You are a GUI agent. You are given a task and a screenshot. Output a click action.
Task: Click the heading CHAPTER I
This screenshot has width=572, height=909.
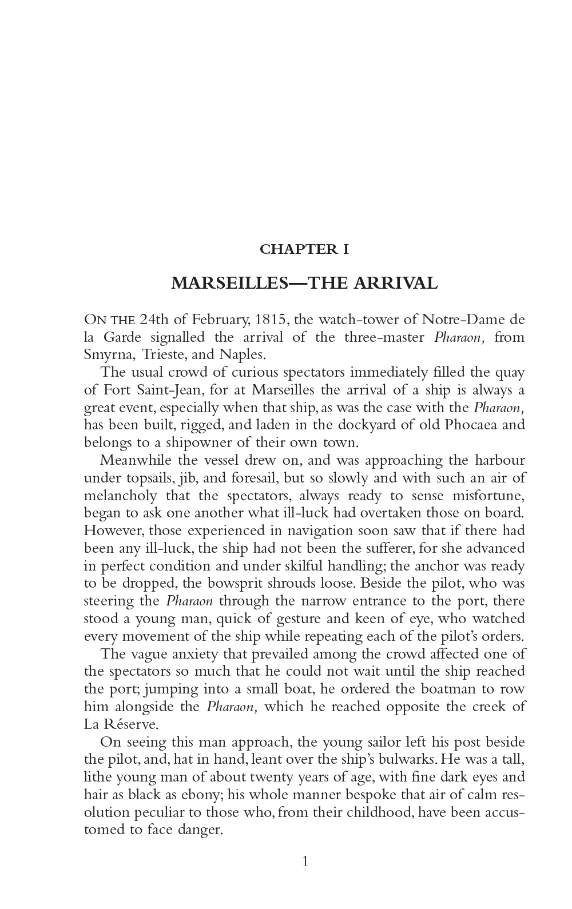pos(304,249)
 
